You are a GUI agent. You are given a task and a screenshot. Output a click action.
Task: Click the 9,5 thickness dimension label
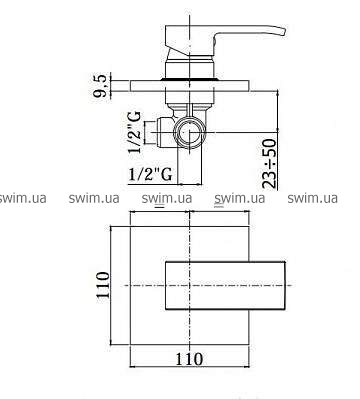pyautogui.click(x=101, y=86)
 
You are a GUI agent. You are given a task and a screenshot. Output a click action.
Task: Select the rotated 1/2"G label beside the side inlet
pyautogui.click(x=135, y=132)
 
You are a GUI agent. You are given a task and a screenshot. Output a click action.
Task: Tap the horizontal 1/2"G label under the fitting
pyautogui.click(x=151, y=174)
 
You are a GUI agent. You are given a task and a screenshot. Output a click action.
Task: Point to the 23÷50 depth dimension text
pyautogui.click(x=270, y=164)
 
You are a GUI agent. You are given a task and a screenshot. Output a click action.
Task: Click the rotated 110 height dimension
pyautogui.click(x=103, y=285)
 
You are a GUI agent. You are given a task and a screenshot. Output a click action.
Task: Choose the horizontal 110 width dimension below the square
pyautogui.click(x=189, y=359)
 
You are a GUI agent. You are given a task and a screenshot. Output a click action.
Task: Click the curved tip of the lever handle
pyautogui.click(x=282, y=32)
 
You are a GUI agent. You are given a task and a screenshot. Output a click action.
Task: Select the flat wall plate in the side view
pyautogui.click(x=190, y=86)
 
